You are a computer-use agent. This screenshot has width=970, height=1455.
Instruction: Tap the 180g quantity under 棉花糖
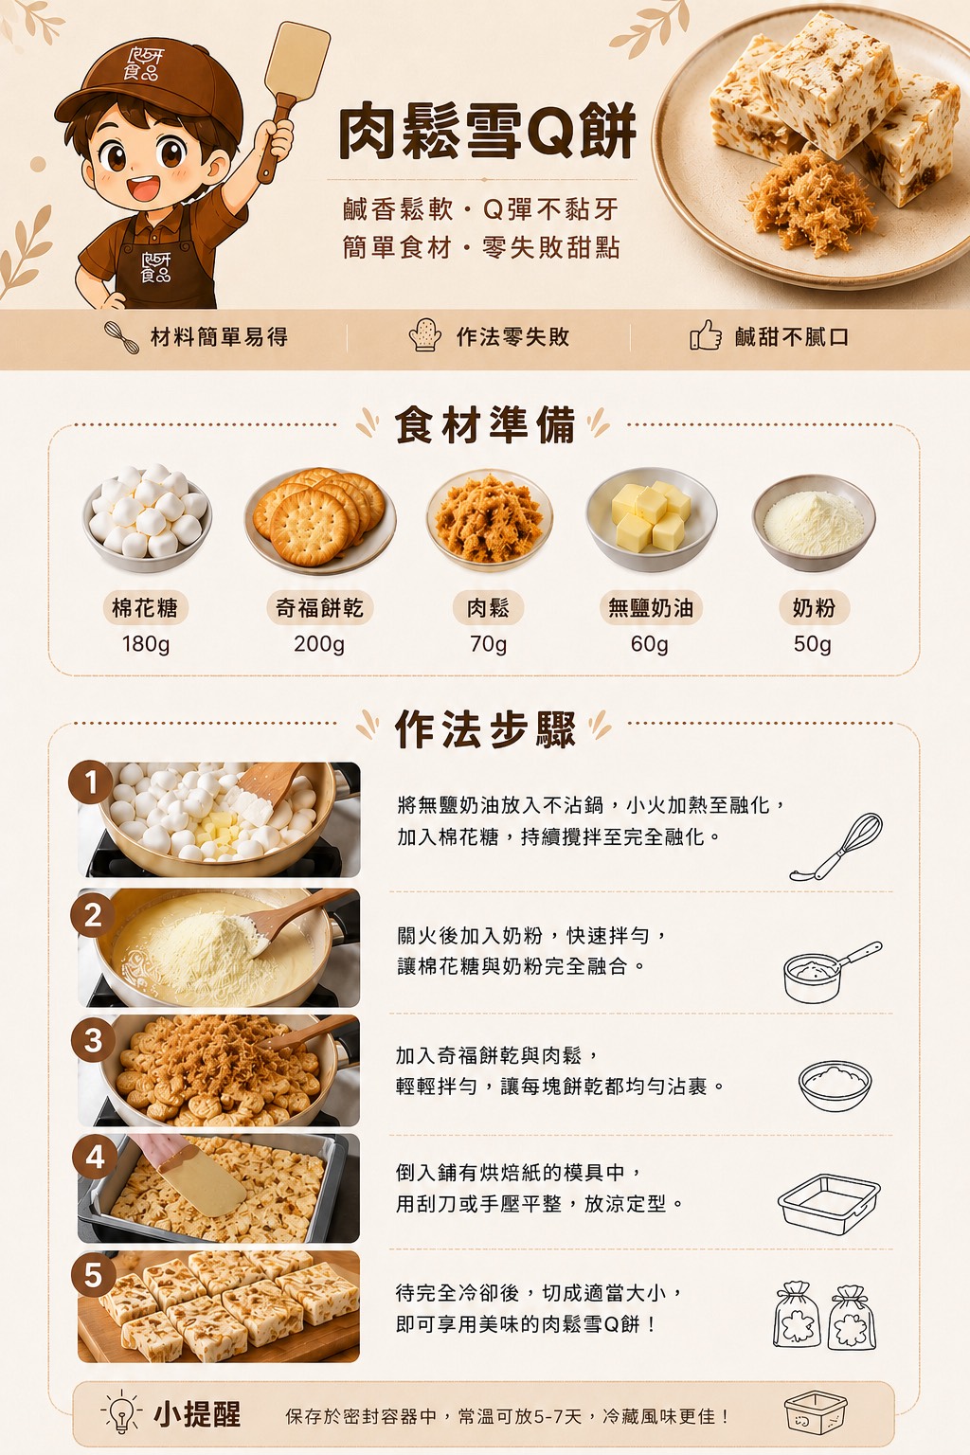[146, 644]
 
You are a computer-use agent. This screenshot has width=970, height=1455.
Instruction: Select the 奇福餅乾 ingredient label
[319, 608]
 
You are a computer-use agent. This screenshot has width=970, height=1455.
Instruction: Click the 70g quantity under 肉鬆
[488, 644]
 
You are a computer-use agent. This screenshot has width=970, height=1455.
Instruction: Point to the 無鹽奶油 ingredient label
[651, 608]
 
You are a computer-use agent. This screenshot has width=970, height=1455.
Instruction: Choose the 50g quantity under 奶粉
[812, 644]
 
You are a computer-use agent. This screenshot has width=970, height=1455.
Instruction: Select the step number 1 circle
[91, 782]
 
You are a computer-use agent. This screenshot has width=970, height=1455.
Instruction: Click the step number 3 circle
[93, 1040]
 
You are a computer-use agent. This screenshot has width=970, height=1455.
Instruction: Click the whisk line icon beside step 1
[836, 847]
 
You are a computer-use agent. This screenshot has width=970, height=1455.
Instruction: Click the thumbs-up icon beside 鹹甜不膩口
[706, 336]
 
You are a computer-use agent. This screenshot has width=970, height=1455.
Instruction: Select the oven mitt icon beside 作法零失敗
[425, 335]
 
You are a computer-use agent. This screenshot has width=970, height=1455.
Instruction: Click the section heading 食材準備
[485, 425]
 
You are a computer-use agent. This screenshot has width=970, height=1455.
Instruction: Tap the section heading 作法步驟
[485, 728]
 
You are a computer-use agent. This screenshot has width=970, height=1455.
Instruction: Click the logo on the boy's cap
[144, 64]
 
